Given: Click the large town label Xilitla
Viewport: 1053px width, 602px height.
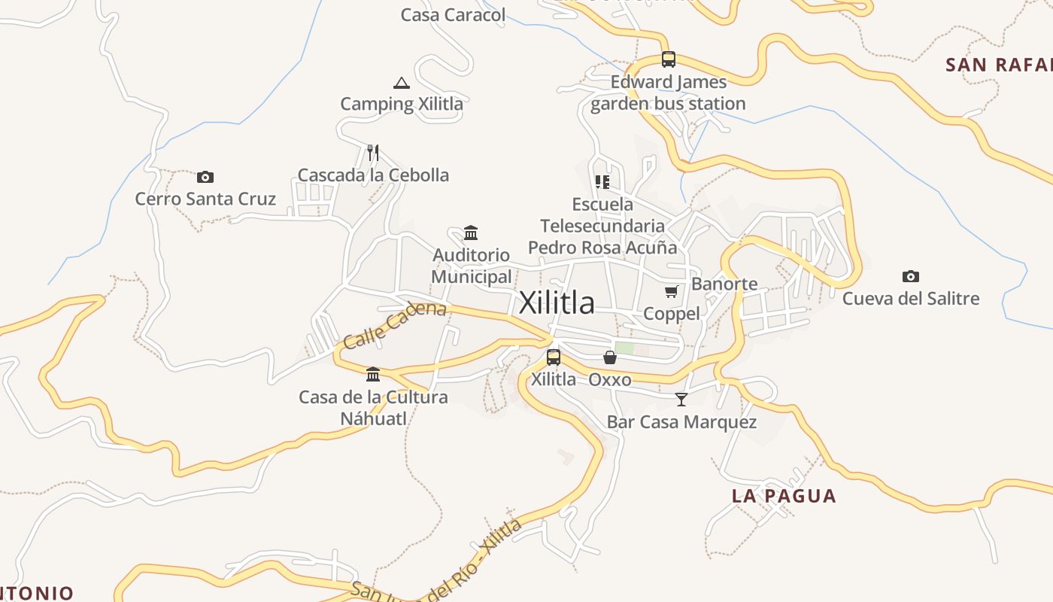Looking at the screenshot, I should click(x=557, y=303).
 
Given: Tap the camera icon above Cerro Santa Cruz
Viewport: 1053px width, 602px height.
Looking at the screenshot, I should click(x=205, y=178).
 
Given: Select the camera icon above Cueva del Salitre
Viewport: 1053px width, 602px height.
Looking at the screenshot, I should click(x=911, y=276).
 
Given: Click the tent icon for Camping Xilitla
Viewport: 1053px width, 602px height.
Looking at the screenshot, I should click(x=402, y=83).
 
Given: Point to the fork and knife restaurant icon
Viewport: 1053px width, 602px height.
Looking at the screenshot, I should click(x=373, y=153).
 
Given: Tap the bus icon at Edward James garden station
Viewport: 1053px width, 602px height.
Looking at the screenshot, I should click(x=669, y=59).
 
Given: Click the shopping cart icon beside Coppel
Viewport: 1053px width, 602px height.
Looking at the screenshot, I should click(x=672, y=292).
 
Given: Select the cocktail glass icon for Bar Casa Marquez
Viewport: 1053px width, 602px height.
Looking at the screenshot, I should click(x=681, y=400).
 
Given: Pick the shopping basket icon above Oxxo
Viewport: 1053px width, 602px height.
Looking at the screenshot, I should click(x=610, y=357).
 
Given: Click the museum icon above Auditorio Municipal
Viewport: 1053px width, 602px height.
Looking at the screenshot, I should click(x=472, y=233).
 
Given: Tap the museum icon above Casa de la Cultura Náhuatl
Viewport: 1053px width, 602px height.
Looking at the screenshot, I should click(x=373, y=375).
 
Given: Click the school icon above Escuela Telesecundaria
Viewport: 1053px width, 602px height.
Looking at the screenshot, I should click(x=602, y=182).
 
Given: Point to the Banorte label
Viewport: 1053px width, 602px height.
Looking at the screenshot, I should click(x=724, y=284).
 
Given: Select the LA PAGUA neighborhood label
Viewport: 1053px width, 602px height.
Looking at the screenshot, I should click(x=784, y=496).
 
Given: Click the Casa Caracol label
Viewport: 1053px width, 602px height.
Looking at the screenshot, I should click(x=453, y=15).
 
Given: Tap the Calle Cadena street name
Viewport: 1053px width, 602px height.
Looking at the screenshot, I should click(x=394, y=324).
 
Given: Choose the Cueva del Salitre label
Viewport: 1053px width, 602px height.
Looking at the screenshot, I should click(x=911, y=299).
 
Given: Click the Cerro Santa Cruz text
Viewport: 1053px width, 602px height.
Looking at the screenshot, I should click(x=205, y=199).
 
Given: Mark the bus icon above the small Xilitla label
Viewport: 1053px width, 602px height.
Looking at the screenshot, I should click(x=554, y=357).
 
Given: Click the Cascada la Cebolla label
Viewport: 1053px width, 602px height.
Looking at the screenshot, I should click(x=373, y=175).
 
